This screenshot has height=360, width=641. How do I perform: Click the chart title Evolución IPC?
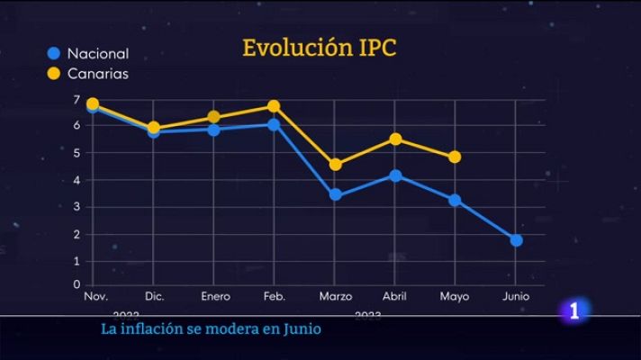pyautogui.click(x=319, y=48)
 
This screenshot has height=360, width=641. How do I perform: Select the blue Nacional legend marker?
pyautogui.click(x=53, y=53)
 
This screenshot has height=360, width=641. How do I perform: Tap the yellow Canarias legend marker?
pyautogui.click(x=53, y=74)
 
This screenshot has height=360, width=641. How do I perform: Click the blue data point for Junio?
pyautogui.click(x=516, y=240)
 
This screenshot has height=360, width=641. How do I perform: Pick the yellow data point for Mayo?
pyautogui.click(x=455, y=157)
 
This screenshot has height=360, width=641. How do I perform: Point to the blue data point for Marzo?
pyautogui.click(x=336, y=194)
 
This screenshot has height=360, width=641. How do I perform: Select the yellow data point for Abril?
pyautogui.click(x=395, y=139)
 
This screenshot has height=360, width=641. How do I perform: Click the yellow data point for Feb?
pyautogui.click(x=274, y=106)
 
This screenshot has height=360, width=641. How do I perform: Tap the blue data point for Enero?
pyautogui.click(x=213, y=130)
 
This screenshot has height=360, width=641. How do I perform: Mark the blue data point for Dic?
pyautogui.click(x=154, y=132)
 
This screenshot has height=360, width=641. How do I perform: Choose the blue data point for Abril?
pyautogui.click(x=395, y=175)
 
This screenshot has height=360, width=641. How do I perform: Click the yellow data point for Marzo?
pyautogui.click(x=336, y=165)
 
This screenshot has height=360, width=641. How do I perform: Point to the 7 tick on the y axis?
pyautogui.click(x=77, y=99)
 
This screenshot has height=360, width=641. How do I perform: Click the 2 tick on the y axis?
pyautogui.click(x=77, y=234)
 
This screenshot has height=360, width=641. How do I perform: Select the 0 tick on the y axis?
pyautogui.click(x=77, y=284)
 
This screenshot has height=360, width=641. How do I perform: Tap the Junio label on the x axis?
pyautogui.click(x=516, y=296)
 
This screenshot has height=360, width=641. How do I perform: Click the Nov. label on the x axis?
pyautogui.click(x=95, y=296)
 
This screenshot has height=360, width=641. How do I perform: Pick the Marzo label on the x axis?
pyautogui.click(x=336, y=296)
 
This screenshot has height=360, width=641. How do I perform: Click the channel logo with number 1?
pyautogui.click(x=574, y=311)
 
